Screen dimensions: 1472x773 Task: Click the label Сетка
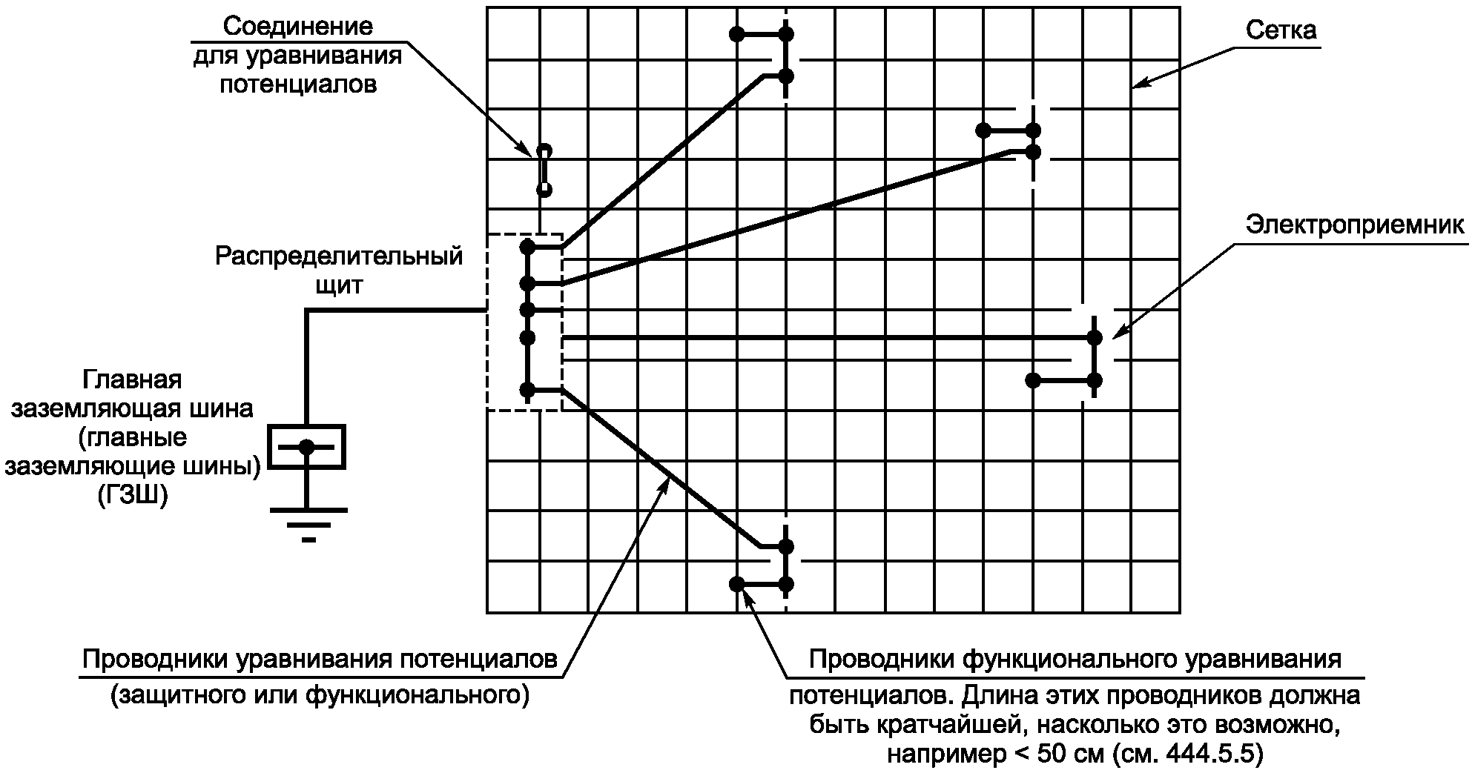pos(1281,30)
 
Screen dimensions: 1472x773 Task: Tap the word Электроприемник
pos(1355,225)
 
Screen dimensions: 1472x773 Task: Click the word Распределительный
pos(339,256)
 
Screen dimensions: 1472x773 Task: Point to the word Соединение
pos(298,27)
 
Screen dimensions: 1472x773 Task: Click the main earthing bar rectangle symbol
pos(306,446)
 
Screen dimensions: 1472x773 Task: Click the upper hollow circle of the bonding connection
pos(544,149)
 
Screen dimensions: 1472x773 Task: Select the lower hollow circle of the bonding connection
pos(544,190)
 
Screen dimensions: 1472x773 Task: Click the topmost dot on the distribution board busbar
pos(527,245)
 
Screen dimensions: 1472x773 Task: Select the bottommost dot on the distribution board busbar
pos(527,389)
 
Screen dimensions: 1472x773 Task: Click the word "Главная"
pos(132,379)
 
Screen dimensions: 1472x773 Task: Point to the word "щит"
pos(339,285)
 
